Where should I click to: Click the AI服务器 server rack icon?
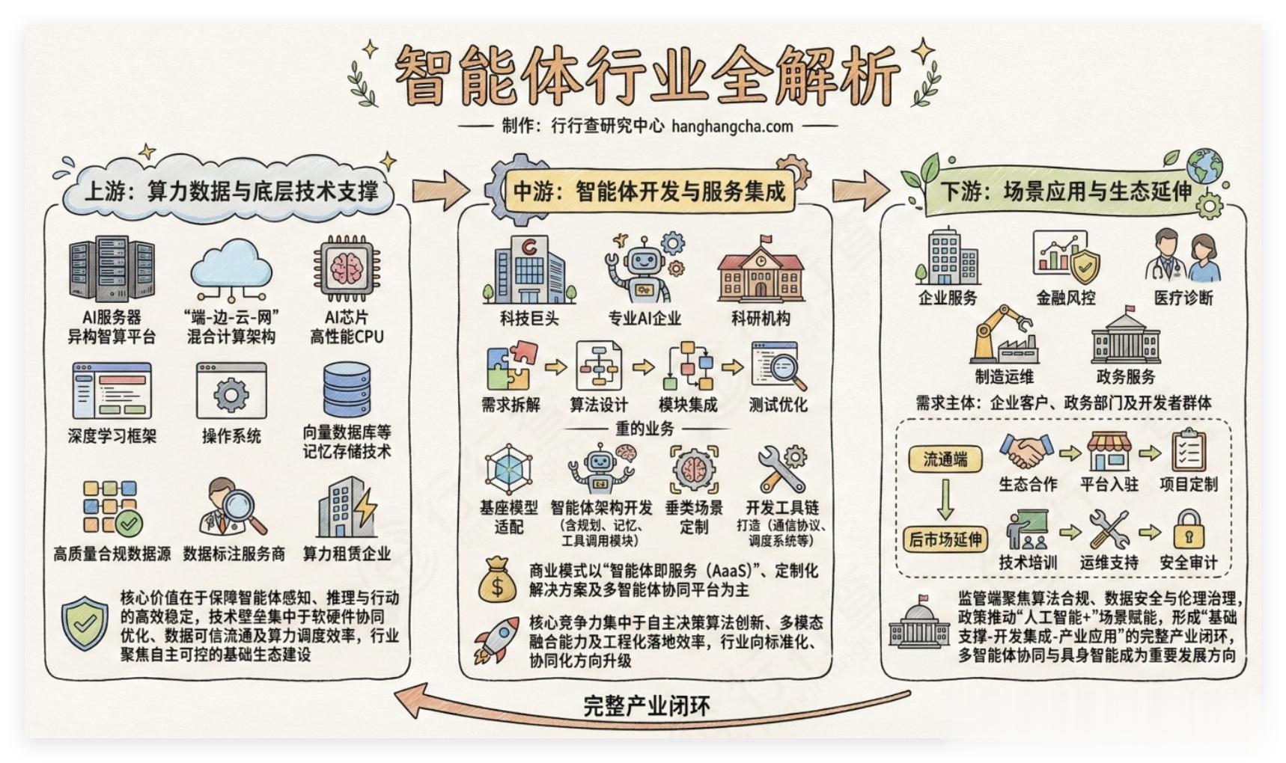[112, 270]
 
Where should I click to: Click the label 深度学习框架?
[112, 436]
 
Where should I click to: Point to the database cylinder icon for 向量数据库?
[347, 390]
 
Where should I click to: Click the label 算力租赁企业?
[347, 554]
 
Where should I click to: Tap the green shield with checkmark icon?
[85, 623]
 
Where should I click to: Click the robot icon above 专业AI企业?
[644, 268]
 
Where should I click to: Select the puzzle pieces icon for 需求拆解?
[511, 367]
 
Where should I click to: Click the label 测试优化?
[778, 405]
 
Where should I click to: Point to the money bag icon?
[497, 580]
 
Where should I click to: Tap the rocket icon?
[496, 640]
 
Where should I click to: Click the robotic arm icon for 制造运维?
[1003, 334]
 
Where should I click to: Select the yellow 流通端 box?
[945, 459]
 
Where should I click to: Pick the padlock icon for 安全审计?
[1188, 529]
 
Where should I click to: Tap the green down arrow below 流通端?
[945, 499]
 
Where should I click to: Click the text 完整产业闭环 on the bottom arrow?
[647, 706]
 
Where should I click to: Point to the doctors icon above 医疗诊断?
[1183, 257]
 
